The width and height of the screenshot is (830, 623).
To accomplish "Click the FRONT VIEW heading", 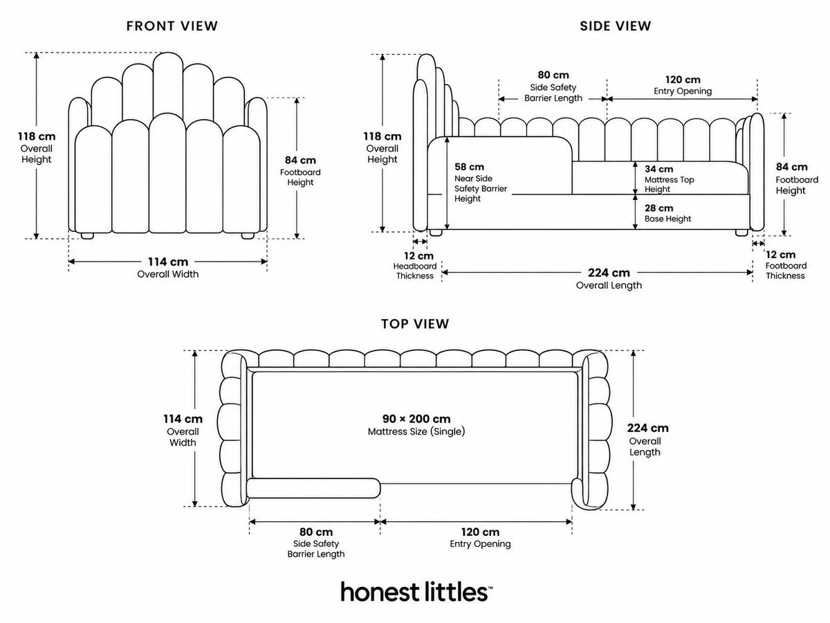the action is tap(172, 26).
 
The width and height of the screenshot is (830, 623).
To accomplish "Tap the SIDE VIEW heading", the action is tap(615, 26).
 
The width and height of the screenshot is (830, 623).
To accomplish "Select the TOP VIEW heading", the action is tap(415, 324).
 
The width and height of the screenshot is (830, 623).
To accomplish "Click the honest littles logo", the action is tap(416, 591).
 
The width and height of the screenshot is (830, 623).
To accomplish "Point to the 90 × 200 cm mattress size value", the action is tap(416, 419).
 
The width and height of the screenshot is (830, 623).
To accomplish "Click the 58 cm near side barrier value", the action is tap(469, 167).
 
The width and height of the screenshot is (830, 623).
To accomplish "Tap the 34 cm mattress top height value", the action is tap(658, 169).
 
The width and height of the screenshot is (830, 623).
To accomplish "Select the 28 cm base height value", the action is tap(658, 208).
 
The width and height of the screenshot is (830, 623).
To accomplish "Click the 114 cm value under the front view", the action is tap(168, 262).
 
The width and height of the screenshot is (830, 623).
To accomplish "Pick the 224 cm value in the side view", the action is tap(609, 273).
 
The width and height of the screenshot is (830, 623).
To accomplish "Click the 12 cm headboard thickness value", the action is tap(418, 255).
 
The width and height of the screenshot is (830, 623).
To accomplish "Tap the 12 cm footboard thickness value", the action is tap(780, 255).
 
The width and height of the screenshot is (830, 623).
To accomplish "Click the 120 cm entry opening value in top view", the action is tap(480, 532).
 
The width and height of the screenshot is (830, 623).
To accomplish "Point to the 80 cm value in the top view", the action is tap(316, 532).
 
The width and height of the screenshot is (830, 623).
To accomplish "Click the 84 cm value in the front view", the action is tap(300, 160).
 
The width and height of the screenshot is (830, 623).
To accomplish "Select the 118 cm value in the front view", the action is tap(37, 136).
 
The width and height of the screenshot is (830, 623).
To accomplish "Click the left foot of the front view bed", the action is tap(87, 235).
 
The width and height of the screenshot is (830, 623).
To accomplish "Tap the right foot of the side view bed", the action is tap(741, 233).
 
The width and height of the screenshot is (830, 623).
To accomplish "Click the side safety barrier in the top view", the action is tap(313, 488).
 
